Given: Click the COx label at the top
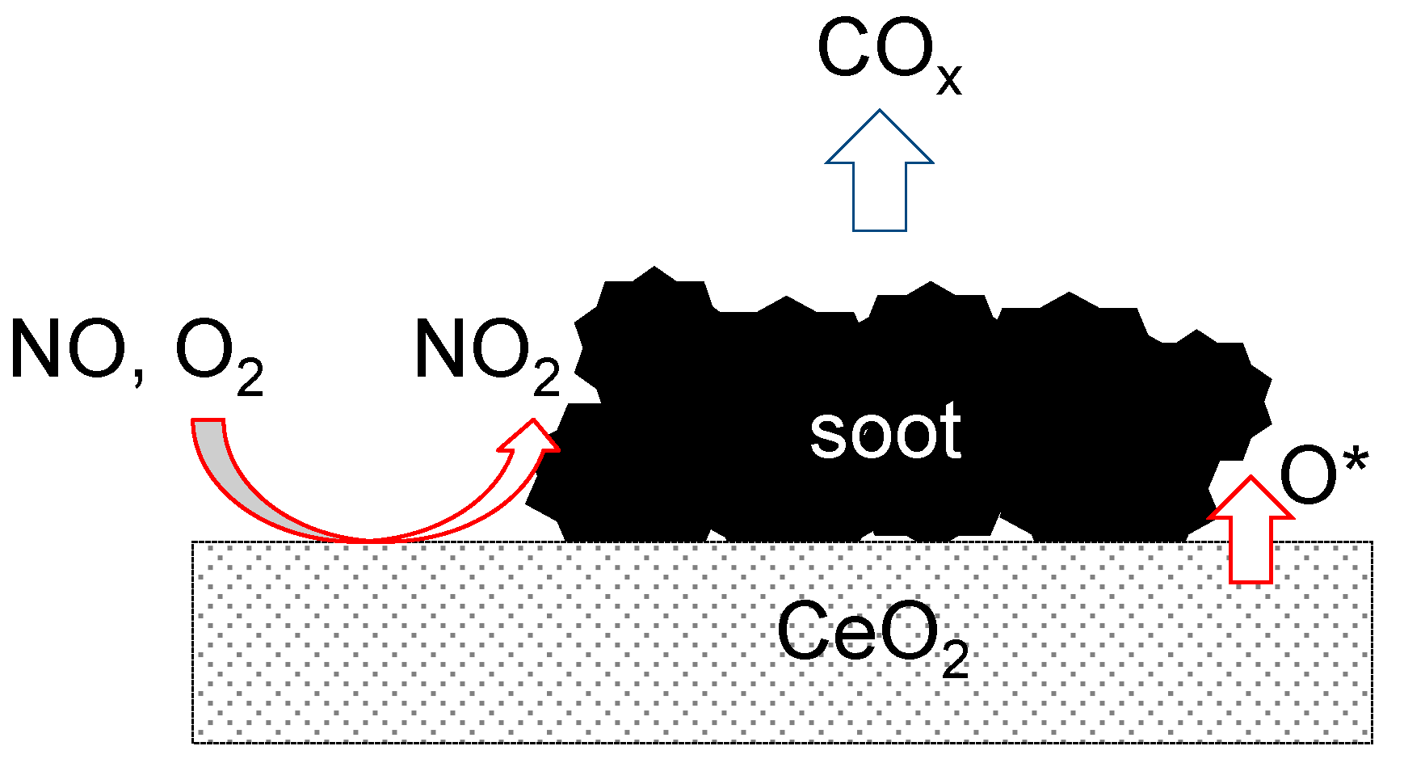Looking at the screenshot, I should click(x=889, y=55).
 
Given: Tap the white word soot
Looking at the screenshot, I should click(x=885, y=432).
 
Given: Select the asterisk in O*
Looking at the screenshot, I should click(x=1356, y=458).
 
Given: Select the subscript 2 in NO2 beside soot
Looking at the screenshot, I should click(x=547, y=378).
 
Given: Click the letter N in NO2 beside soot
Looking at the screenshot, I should click(x=442, y=349).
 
